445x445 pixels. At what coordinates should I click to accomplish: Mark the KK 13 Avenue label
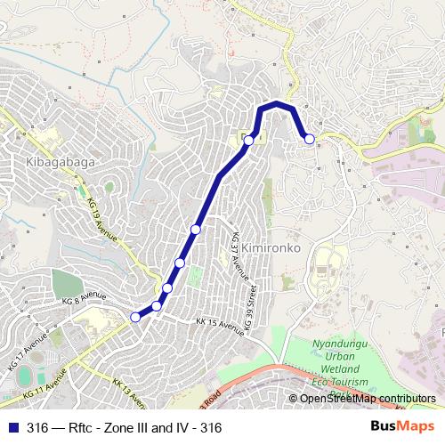tap(130, 392)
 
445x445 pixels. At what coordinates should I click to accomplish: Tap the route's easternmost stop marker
tap(310, 138)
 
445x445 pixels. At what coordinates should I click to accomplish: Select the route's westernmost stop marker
tap(135, 317)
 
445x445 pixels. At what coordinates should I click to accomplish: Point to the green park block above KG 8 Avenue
tap(66, 283)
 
